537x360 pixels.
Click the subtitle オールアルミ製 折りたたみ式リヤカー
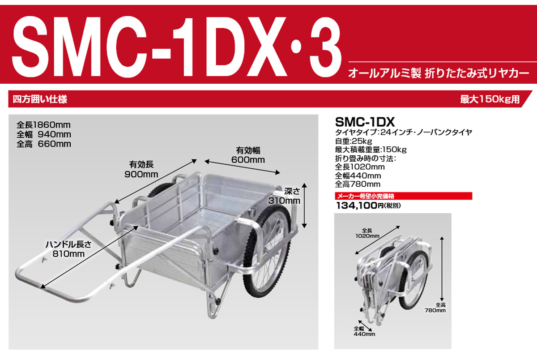click(x=439, y=73)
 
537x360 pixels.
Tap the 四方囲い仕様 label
click(x=40, y=99)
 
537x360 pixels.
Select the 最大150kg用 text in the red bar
click(x=490, y=99)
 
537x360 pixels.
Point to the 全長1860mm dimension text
click(x=43, y=125)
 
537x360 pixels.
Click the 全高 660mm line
click(x=44, y=144)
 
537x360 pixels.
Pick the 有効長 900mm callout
click(x=141, y=169)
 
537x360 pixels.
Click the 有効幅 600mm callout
click(x=248, y=155)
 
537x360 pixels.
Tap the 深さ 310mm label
click(x=284, y=196)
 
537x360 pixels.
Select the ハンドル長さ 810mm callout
click(x=68, y=249)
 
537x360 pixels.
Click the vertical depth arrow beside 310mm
click(x=304, y=206)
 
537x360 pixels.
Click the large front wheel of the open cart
click(x=267, y=251)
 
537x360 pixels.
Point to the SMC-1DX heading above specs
click(x=365, y=122)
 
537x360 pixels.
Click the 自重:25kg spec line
click(x=354, y=141)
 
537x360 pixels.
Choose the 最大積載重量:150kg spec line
click(x=371, y=150)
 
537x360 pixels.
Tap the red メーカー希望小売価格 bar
click(x=404, y=196)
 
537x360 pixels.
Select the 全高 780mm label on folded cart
click(x=435, y=308)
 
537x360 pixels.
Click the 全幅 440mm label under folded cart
click(x=364, y=331)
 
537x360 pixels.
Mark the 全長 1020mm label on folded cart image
click(x=367, y=233)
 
